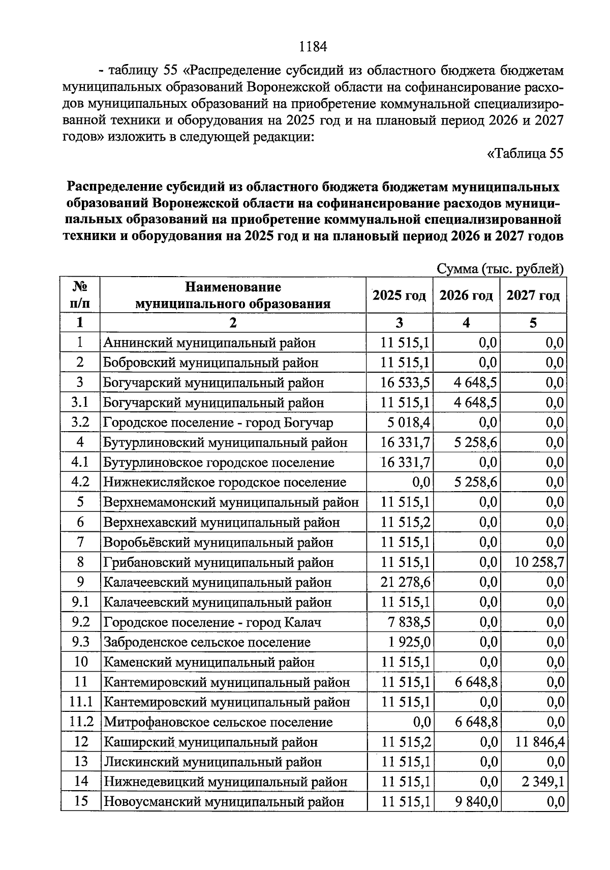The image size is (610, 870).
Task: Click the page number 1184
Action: pos(312,47)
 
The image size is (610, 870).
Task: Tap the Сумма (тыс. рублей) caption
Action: pos(501,268)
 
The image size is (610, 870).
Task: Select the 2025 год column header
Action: pos(399,295)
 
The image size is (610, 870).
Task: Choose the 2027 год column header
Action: pos(533,295)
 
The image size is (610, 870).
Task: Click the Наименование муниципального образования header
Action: pos(233,295)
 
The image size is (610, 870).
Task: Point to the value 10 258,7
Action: pos(534,562)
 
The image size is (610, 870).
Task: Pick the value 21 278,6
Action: pos(406,582)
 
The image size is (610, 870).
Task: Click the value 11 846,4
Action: pos(538,742)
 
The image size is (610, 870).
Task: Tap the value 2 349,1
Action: pos(542,782)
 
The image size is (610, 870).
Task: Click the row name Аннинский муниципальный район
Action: pos(209,343)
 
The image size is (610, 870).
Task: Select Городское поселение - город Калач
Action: pos(212,622)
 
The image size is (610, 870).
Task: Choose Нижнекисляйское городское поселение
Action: pos(225,482)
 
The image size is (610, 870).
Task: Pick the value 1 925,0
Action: pos(410,642)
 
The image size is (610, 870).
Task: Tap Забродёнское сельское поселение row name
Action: pos(207,642)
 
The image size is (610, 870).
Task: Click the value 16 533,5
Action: pos(406,382)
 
